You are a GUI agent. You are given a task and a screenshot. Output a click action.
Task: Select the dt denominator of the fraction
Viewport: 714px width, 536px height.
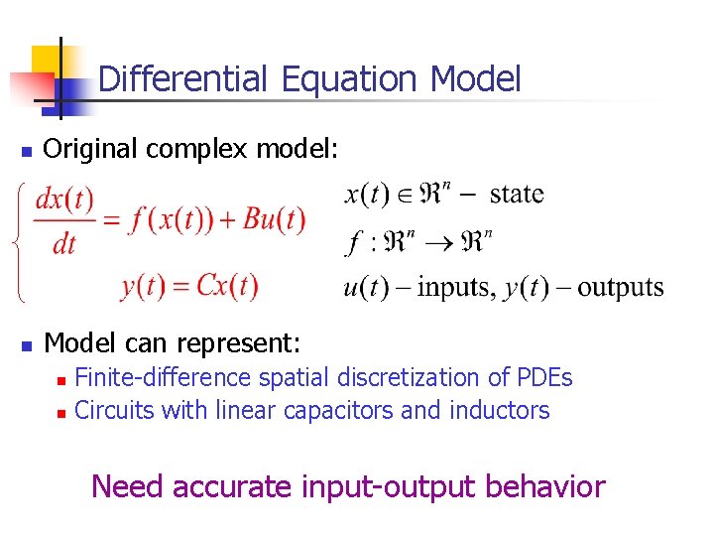[64, 243]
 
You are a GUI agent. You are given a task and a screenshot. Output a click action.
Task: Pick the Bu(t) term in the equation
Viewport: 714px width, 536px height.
[274, 219]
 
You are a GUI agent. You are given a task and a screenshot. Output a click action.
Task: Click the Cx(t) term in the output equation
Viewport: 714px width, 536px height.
[227, 286]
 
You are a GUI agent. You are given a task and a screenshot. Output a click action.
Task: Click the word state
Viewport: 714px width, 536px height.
[517, 193]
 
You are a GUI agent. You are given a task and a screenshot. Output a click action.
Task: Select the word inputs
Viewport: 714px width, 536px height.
[456, 288]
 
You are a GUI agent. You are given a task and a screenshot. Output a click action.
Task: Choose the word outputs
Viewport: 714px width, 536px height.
[620, 288]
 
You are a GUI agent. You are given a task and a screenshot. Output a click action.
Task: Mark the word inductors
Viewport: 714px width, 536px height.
[504, 410]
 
